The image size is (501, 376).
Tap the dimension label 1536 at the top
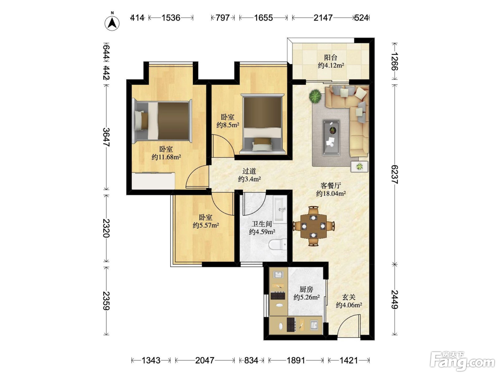(171, 18)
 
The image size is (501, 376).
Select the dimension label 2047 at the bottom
(205, 360)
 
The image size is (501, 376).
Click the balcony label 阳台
(331, 58)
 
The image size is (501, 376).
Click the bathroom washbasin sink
(280, 210)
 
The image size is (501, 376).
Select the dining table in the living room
(313, 226)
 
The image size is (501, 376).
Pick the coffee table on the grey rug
(331, 138)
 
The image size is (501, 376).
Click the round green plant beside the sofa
(315, 96)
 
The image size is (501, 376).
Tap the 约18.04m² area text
(331, 194)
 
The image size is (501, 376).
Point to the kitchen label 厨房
(306, 289)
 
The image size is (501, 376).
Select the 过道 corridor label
(249, 171)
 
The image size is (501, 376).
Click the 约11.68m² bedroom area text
(166, 157)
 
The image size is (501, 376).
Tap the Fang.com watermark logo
(462, 361)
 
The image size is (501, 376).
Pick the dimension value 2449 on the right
(394, 299)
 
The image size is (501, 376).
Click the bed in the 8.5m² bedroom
(262, 124)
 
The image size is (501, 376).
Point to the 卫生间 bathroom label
(262, 224)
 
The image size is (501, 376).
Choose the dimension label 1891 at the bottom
(296, 360)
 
